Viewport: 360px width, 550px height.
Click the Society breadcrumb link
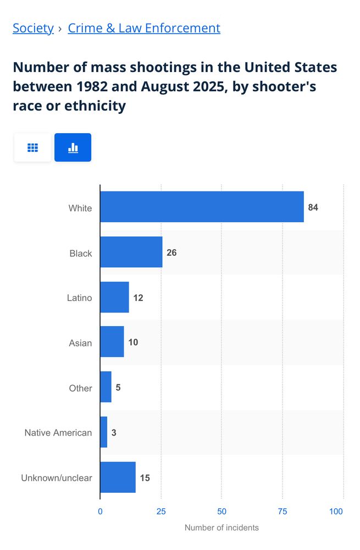tap(33, 28)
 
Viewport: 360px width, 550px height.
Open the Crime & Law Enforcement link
tap(144, 28)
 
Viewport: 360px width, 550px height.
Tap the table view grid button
tap(32, 147)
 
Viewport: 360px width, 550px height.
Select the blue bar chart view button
tap(73, 147)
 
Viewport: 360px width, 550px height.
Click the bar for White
tap(202, 207)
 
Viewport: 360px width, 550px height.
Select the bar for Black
tap(131, 252)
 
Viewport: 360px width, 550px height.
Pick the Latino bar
tap(114, 297)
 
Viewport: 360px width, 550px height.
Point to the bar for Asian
tap(112, 342)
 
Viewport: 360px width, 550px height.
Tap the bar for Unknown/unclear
tap(118, 477)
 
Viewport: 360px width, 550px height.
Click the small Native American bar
tap(103, 432)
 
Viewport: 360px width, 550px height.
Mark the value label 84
tap(313, 207)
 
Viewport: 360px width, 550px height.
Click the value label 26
tap(171, 252)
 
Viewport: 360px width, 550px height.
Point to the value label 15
tap(145, 478)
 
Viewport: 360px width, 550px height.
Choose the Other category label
tap(80, 388)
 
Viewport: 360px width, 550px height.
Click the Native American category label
tap(58, 433)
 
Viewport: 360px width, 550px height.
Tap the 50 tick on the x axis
tap(221, 512)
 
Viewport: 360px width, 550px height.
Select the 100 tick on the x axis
tap(336, 512)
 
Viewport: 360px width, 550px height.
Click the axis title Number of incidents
tap(221, 528)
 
